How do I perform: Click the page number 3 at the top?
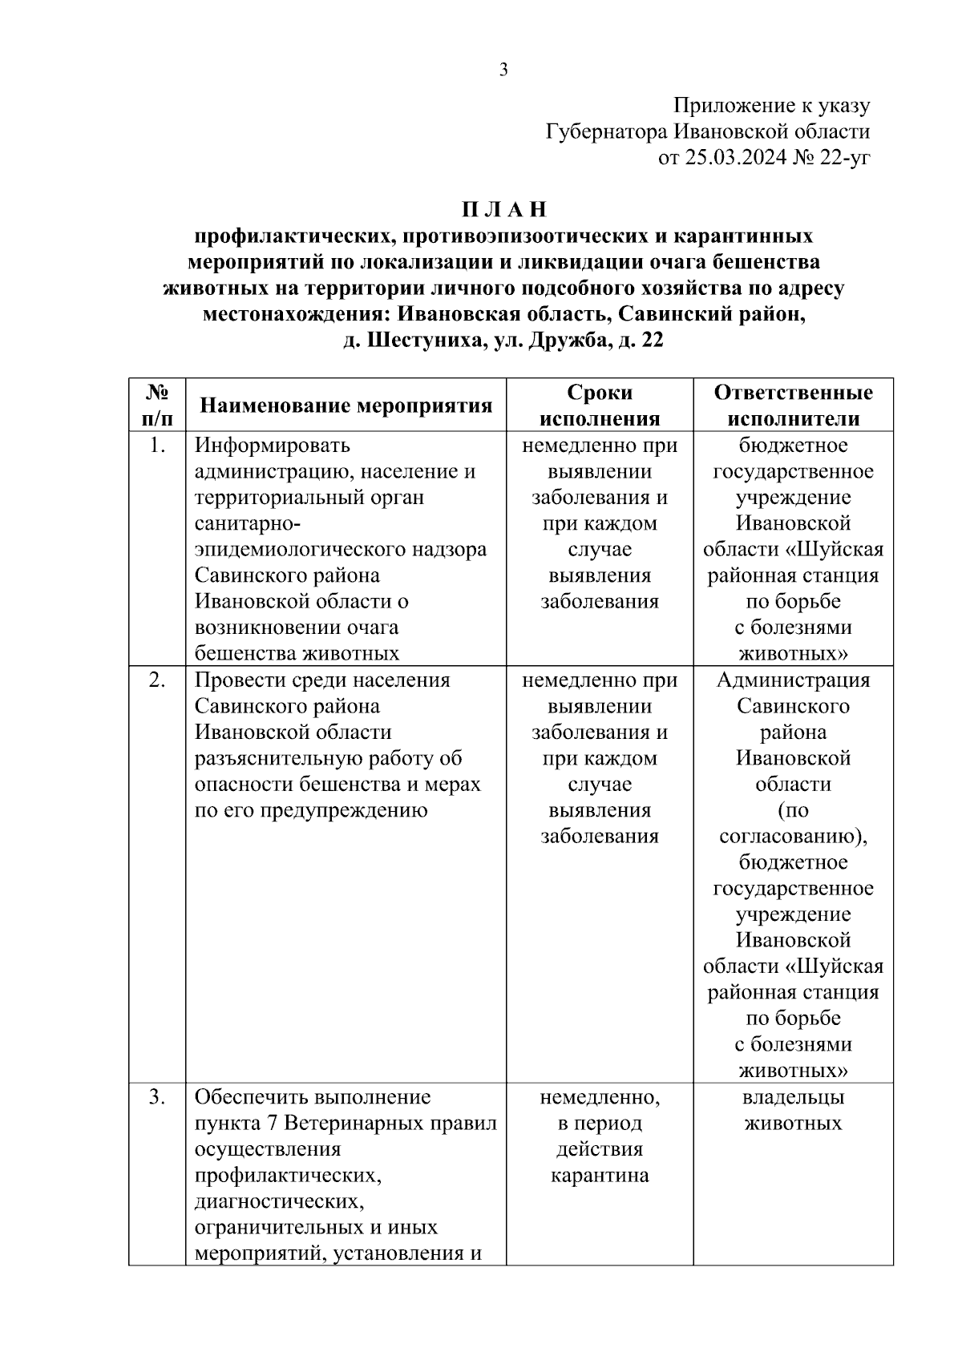pyautogui.click(x=503, y=70)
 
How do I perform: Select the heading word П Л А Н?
pyautogui.click(x=503, y=210)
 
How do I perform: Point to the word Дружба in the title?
pyautogui.click(x=571, y=341)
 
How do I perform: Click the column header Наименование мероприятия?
pyautogui.click(x=346, y=406)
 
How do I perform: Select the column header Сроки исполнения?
pyautogui.click(x=600, y=406)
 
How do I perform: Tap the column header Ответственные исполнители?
pyautogui.click(x=794, y=406)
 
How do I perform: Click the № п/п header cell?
pyautogui.click(x=157, y=406)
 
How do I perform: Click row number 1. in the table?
pyautogui.click(x=157, y=446)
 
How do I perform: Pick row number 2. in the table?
pyautogui.click(x=157, y=680)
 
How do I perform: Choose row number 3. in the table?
pyautogui.click(x=157, y=1097)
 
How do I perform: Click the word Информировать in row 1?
pyautogui.click(x=273, y=446)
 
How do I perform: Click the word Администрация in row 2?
pyautogui.click(x=794, y=680)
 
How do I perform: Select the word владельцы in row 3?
pyautogui.click(x=794, y=1097)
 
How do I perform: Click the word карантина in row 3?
pyautogui.click(x=600, y=1176)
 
